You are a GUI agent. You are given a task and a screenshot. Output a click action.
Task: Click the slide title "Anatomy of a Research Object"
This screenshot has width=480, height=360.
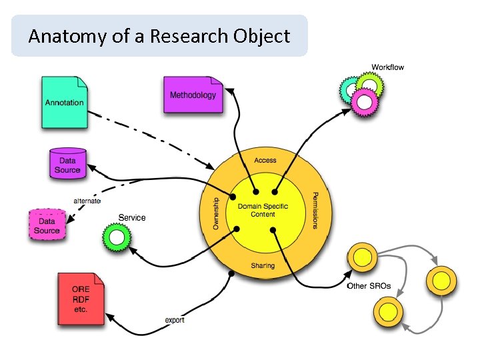(x=159, y=36)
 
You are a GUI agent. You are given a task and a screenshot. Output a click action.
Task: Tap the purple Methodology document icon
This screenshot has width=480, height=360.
(x=193, y=95)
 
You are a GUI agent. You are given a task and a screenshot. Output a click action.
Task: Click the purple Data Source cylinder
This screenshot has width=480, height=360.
(x=67, y=164)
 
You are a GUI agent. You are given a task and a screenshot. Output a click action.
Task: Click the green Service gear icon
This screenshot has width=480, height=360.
(x=117, y=237)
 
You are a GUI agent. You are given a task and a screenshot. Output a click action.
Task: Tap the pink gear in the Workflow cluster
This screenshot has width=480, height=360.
(x=365, y=101)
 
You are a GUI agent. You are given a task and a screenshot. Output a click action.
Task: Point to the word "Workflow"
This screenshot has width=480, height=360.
(x=387, y=67)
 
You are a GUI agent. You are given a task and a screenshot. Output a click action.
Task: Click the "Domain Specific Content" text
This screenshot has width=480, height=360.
(x=263, y=210)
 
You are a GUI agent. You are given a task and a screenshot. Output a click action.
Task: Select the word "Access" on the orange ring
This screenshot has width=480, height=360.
(x=265, y=161)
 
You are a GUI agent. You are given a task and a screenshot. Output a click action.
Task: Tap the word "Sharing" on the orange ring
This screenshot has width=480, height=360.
(x=263, y=265)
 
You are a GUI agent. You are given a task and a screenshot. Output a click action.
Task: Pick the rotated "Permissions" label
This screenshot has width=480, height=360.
(x=314, y=210)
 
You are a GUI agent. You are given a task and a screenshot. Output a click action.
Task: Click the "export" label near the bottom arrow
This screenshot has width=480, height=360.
(x=175, y=320)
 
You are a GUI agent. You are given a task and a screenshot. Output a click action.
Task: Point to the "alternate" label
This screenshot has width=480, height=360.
(x=87, y=201)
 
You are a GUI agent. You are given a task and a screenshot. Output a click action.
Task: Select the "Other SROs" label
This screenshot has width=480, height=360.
(x=369, y=287)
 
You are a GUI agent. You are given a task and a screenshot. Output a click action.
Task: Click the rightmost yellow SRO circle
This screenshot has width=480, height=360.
(x=442, y=280)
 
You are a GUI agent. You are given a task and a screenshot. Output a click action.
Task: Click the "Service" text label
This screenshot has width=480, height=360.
(x=131, y=217)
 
